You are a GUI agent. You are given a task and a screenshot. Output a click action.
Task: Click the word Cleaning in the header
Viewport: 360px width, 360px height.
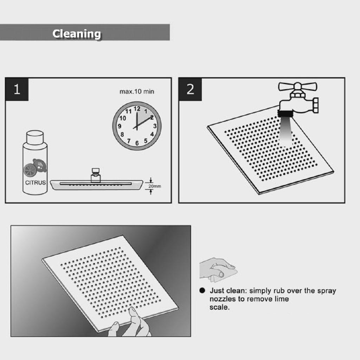[x=77, y=34]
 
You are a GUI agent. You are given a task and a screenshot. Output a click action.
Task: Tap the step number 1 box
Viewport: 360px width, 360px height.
[x=17, y=89]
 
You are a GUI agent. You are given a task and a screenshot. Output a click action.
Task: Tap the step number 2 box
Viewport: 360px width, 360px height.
[x=190, y=89]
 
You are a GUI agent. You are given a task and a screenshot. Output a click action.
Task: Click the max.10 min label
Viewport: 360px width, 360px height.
[x=137, y=92]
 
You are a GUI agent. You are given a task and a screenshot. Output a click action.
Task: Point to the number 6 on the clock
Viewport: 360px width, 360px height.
[x=137, y=143]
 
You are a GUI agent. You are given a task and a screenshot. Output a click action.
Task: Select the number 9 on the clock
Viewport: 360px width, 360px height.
[x=120, y=126]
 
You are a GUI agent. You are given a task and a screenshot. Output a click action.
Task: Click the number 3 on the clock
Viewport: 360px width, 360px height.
[x=155, y=126]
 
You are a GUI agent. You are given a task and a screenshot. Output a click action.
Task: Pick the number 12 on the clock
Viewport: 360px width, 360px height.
[x=137, y=109]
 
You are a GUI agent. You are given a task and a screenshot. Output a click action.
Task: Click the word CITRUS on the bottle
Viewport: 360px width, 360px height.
[x=36, y=182]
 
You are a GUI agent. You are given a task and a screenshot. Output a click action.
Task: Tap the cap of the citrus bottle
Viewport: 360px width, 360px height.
[x=35, y=137]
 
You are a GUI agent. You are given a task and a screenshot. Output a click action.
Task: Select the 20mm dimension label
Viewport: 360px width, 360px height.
[x=155, y=186]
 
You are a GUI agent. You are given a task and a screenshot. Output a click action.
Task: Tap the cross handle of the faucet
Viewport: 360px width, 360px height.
[x=297, y=87]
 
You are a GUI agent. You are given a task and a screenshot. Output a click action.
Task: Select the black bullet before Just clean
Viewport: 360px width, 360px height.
[x=202, y=290]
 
